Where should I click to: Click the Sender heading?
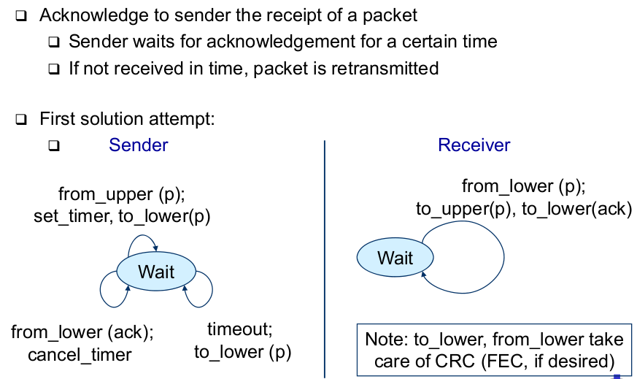[x=138, y=145]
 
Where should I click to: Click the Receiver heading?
[x=474, y=145]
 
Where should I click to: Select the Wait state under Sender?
[x=156, y=272]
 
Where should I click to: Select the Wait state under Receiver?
[x=395, y=257]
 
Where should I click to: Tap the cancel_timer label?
[x=80, y=355]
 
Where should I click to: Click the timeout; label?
[x=239, y=329]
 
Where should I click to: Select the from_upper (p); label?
[x=122, y=194]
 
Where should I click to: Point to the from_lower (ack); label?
[x=82, y=332]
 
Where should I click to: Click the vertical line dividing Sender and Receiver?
[x=324, y=256]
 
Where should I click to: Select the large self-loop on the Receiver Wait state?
[x=503, y=257]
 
